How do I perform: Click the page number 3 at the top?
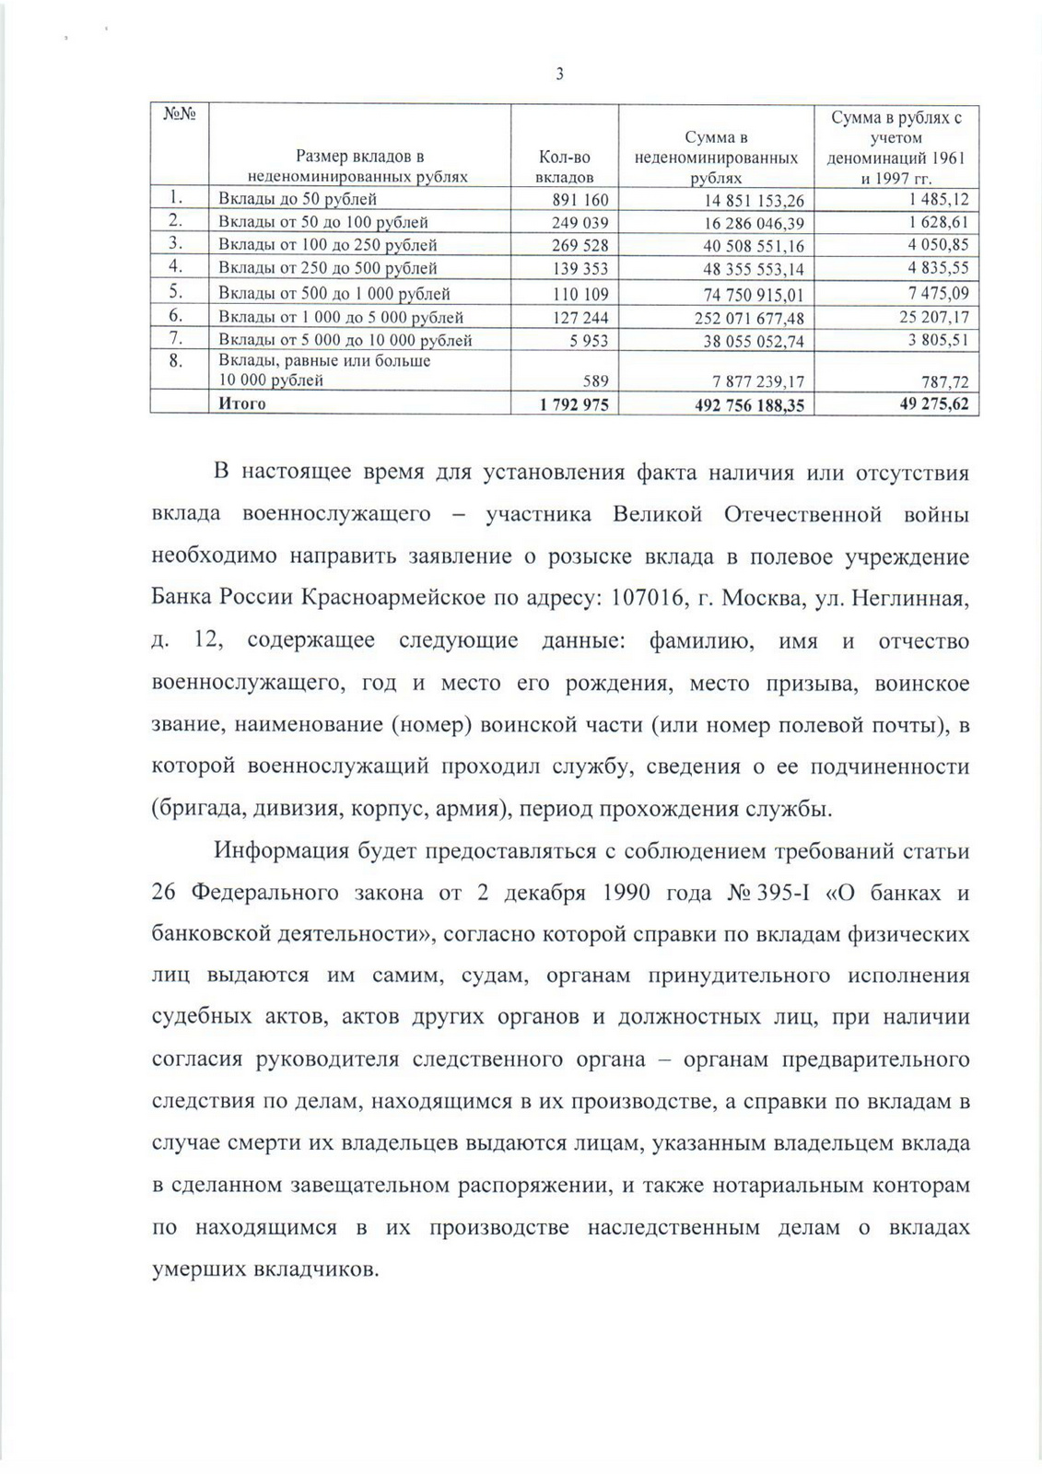point(559,76)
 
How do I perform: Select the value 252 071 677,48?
point(750,318)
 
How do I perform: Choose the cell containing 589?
point(595,380)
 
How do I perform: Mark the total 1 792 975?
point(573,404)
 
